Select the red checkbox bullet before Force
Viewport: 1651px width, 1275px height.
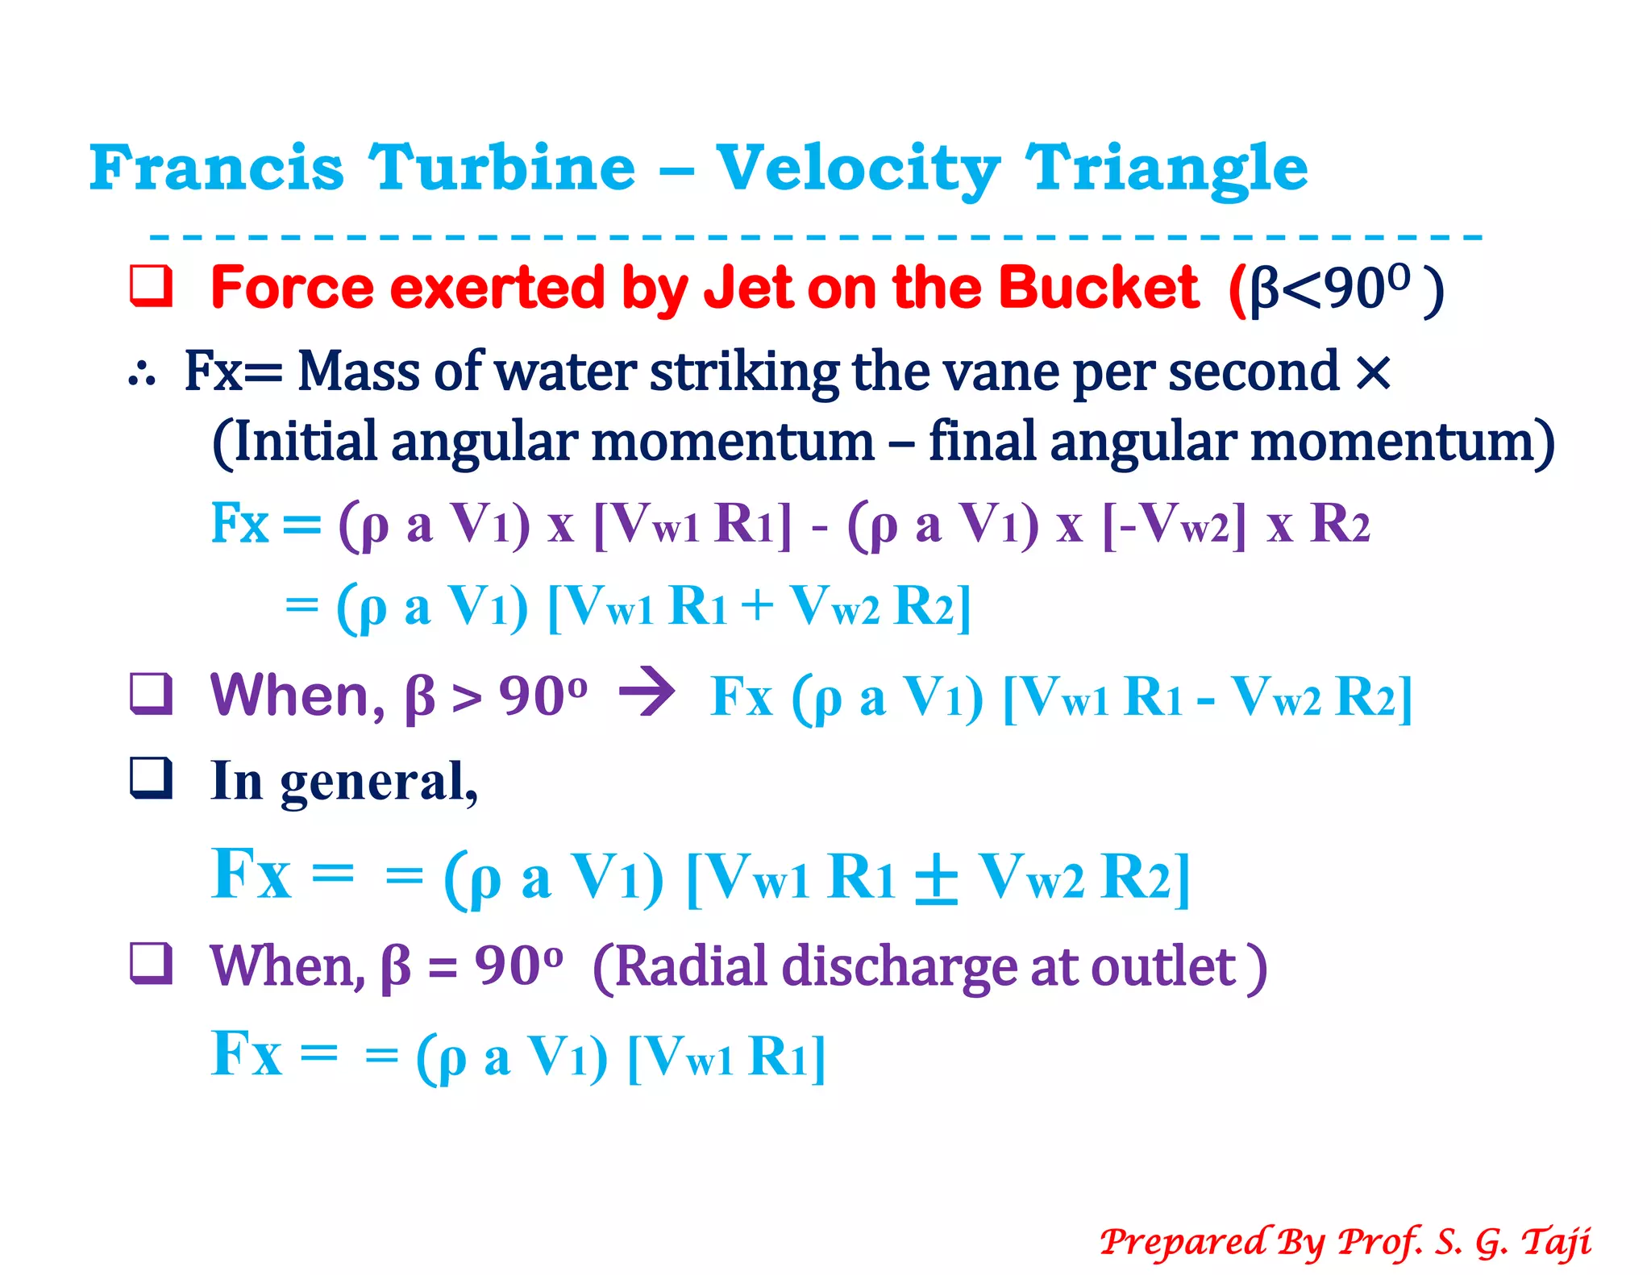(151, 286)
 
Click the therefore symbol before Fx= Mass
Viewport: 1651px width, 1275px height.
(142, 375)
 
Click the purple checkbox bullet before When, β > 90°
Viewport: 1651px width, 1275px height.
(151, 694)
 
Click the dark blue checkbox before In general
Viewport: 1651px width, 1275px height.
(151, 779)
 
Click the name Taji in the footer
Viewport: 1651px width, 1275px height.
(1556, 1242)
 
